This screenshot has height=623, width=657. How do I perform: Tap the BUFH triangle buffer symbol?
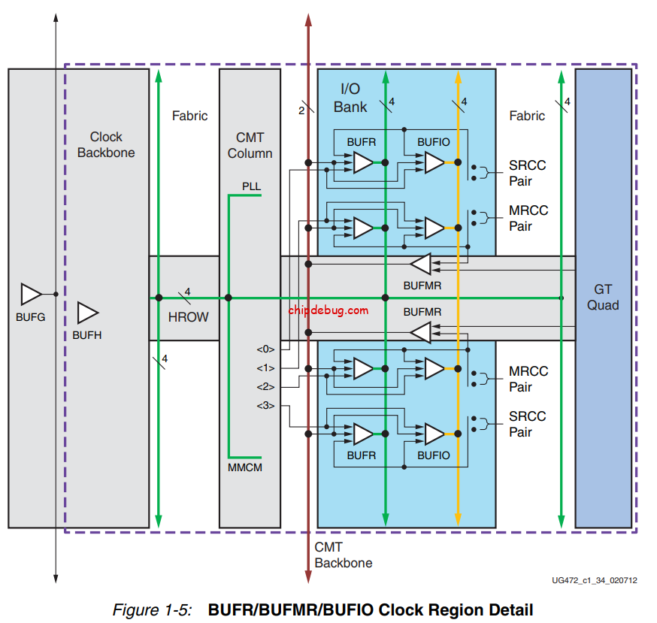point(88,312)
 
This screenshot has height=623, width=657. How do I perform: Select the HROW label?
point(188,317)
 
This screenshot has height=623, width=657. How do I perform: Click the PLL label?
point(251,186)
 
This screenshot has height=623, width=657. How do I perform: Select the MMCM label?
point(244,467)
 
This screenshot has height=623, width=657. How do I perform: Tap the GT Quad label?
point(603,297)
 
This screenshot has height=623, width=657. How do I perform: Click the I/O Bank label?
point(350,98)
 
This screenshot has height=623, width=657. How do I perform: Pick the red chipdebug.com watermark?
point(328,310)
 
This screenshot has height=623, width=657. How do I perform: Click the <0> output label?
point(265,349)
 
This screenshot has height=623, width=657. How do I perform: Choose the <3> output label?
point(265,406)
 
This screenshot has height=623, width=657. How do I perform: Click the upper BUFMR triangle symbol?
point(421,264)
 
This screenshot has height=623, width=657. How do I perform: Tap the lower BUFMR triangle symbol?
point(421,331)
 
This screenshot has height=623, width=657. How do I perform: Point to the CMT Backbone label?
point(343,555)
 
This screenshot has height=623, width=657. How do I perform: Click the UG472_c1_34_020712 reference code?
point(594,580)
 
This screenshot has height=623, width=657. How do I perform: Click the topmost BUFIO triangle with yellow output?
point(434,162)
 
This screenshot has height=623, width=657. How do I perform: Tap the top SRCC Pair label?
point(527,173)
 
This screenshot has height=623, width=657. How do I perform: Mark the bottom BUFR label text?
point(362,455)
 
